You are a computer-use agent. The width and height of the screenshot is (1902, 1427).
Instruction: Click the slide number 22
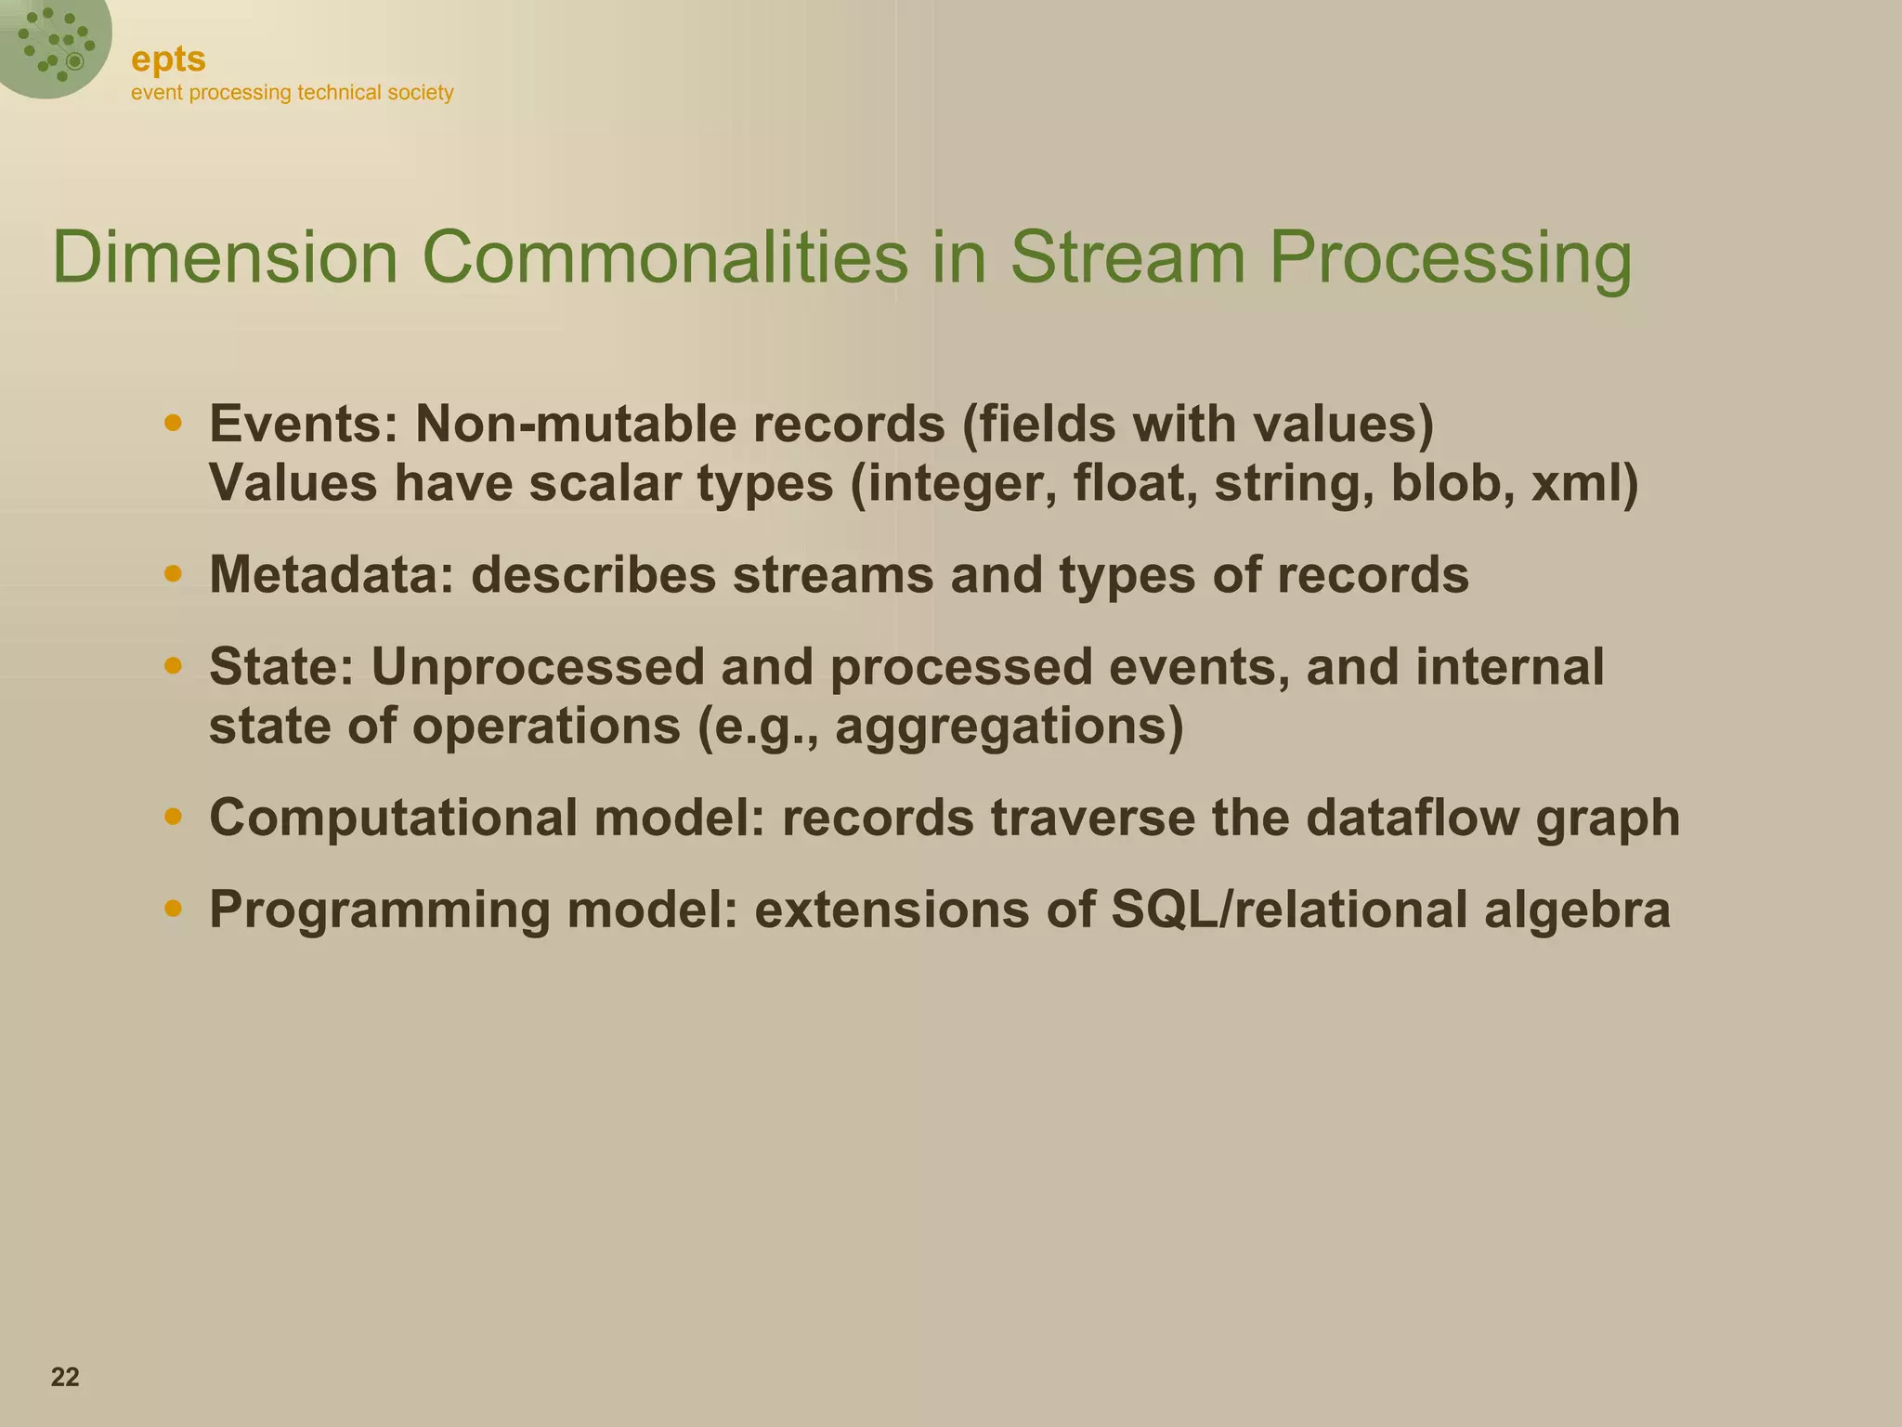pos(65,1377)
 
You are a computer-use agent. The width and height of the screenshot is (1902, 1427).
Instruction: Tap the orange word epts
pos(168,59)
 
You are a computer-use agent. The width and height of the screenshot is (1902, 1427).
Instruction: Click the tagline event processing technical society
pos(292,93)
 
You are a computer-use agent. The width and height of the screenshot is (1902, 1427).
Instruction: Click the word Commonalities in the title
pos(664,257)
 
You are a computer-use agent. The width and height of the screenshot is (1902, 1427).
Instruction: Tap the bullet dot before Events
pos(173,424)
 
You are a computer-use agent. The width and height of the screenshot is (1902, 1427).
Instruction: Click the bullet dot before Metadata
pos(173,574)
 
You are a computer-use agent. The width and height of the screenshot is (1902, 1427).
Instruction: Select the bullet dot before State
pos(173,666)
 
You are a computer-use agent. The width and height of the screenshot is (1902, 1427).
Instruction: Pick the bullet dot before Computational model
pos(173,817)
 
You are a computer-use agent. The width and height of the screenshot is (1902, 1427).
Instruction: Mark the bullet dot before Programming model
pos(173,908)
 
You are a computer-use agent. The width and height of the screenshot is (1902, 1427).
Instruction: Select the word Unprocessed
pos(538,667)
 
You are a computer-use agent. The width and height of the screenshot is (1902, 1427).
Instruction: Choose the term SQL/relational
pos(1288,909)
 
